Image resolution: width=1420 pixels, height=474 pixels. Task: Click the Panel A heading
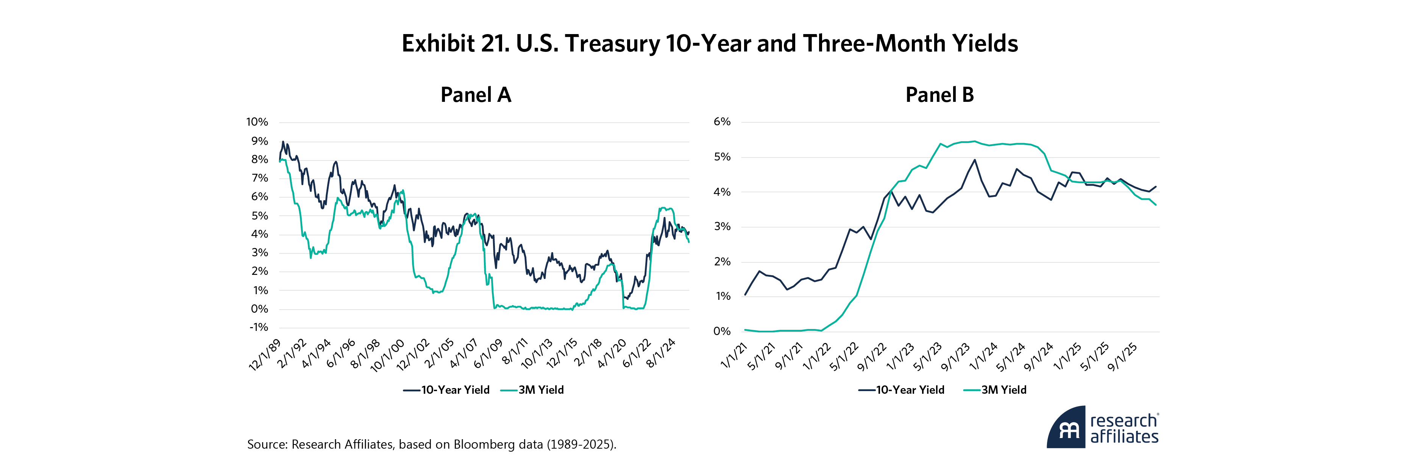point(476,95)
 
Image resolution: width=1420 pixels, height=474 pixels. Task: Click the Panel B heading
point(939,95)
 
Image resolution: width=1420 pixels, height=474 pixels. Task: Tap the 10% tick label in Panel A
point(257,122)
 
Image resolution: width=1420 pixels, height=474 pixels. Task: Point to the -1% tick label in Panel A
point(259,327)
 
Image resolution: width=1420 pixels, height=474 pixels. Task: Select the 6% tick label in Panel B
point(722,122)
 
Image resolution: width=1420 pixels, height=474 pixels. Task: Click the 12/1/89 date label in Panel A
point(265,355)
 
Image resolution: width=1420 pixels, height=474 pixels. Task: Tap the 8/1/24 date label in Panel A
point(661,353)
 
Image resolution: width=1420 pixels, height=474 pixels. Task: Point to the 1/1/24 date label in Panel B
point(984,356)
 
